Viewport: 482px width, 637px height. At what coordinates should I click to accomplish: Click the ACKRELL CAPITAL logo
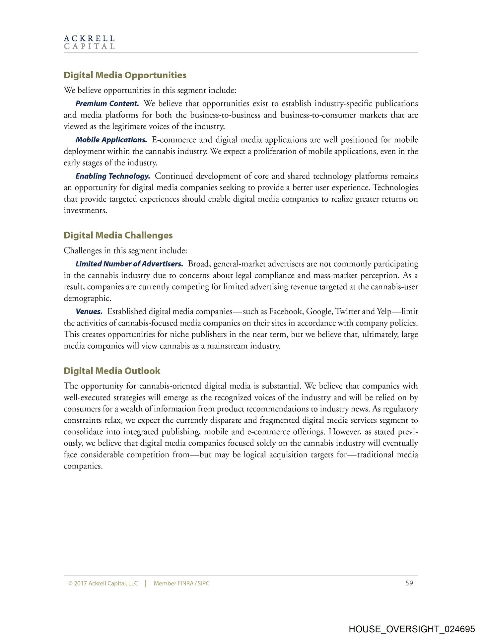tap(89, 42)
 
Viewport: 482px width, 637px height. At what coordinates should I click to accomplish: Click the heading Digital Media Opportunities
tap(125, 75)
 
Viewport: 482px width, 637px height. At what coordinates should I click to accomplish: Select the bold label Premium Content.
tap(107, 104)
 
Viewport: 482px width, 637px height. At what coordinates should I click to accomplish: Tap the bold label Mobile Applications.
tap(111, 140)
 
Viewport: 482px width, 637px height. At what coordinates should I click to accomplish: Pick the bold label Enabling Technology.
tap(113, 176)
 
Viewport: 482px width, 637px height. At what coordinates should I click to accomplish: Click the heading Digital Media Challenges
tap(118, 235)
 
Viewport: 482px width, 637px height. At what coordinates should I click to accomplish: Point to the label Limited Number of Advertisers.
tap(129, 264)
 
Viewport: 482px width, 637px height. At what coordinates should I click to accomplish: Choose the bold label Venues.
tap(89, 312)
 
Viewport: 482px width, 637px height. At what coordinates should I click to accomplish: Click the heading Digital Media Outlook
tap(112, 371)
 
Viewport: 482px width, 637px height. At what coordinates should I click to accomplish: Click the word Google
tap(319, 312)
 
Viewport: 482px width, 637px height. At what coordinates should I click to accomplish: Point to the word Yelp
tap(384, 312)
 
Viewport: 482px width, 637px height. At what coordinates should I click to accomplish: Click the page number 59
tap(409, 583)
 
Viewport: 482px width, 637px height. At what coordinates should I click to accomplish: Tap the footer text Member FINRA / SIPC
tap(181, 583)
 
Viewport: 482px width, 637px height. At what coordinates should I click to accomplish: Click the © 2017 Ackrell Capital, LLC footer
tap(103, 583)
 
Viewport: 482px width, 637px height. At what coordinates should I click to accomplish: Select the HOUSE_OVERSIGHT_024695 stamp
tap(412, 629)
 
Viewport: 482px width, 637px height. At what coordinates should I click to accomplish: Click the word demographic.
tap(87, 298)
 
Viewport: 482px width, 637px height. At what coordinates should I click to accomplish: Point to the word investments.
tap(85, 211)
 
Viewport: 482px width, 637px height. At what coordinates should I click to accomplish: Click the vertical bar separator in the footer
tap(146, 583)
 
